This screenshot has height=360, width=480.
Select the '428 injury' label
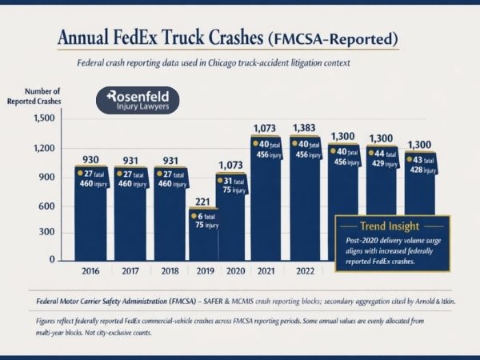point(424,170)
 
